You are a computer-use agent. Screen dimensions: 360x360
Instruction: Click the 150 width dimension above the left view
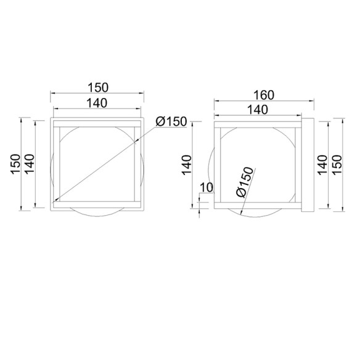pyautogui.click(x=98, y=88)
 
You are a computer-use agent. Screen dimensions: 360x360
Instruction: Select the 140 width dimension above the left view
pyautogui.click(x=97, y=103)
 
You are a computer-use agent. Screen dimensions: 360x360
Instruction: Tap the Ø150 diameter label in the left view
pyautogui.click(x=171, y=121)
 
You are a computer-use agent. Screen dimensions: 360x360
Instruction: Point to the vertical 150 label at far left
pyautogui.click(x=15, y=164)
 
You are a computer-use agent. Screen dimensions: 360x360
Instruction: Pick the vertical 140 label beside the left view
pyautogui.click(x=29, y=164)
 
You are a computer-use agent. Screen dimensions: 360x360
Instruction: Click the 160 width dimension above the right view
pyautogui.click(x=264, y=95)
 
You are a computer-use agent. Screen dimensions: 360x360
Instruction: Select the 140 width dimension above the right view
pyautogui.click(x=258, y=110)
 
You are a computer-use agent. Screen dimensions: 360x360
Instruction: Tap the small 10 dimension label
pyautogui.click(x=207, y=187)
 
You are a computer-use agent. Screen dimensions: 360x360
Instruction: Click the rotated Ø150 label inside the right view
pyautogui.click(x=245, y=182)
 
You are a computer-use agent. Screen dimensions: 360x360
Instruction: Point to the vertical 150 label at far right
pyautogui.click(x=337, y=165)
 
